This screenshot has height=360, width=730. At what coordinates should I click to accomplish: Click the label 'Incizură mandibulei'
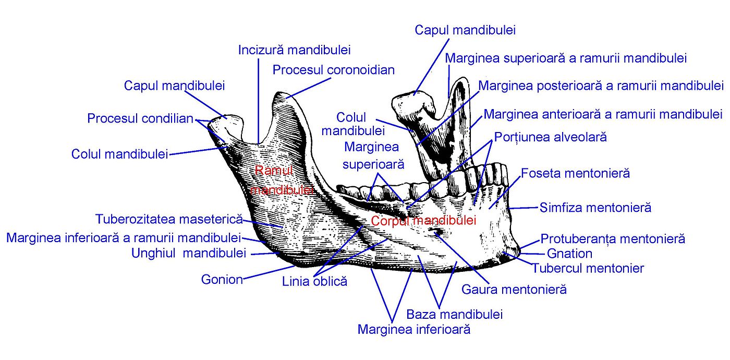tap(294, 50)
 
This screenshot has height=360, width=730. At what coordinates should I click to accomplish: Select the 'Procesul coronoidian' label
tap(334, 69)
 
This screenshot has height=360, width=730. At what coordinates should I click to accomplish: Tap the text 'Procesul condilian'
tap(140, 118)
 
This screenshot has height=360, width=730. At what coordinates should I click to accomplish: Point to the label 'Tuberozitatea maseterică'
tap(169, 219)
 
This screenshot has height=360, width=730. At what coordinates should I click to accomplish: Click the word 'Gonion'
tap(222, 280)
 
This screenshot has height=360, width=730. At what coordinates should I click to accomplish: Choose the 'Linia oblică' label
tap(314, 282)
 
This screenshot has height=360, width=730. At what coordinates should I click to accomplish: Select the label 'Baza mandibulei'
tap(454, 315)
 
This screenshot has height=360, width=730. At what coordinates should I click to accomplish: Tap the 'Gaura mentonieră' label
tap(514, 289)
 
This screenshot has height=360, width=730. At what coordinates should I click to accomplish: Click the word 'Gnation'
tap(569, 254)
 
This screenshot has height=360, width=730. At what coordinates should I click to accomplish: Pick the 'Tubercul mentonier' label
tap(588, 268)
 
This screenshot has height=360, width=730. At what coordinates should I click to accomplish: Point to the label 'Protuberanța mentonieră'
tap(613, 239)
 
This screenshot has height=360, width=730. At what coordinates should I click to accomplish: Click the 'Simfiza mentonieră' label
tap(595, 208)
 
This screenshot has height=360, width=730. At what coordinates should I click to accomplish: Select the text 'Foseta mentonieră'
tap(576, 173)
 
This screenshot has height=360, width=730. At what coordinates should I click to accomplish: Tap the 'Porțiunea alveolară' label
tap(551, 138)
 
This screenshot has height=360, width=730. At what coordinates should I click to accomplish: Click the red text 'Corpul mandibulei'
tap(423, 221)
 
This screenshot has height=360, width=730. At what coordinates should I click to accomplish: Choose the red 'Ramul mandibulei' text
tap(281, 180)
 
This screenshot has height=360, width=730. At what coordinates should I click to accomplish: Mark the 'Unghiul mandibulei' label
tap(189, 254)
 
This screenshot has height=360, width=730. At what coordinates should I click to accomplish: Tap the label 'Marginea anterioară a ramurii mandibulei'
tap(603, 114)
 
